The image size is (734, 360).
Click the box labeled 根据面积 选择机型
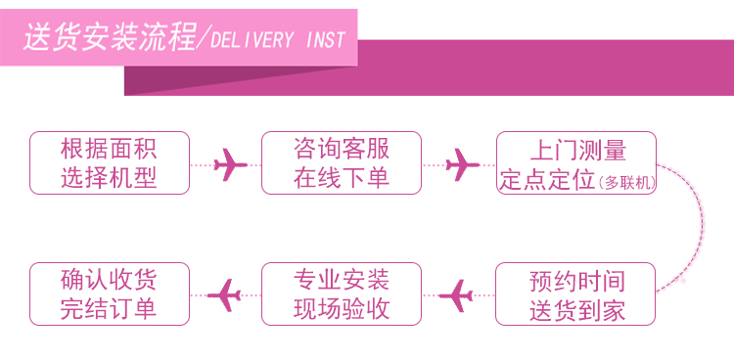click(110, 163)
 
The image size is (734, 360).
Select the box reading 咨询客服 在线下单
click(342, 163)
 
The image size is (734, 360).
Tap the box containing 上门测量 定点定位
click(576, 163)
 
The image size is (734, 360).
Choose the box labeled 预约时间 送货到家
click(575, 294)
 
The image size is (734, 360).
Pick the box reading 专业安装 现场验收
click(342, 294)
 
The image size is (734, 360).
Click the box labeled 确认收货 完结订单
click(110, 294)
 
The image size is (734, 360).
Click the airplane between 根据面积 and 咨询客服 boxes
click(230, 164)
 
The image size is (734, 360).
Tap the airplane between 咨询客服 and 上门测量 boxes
click(462, 164)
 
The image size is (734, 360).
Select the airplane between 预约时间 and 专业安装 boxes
click(456, 295)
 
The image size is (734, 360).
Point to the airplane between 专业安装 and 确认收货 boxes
click(224, 295)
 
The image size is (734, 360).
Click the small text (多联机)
click(626, 183)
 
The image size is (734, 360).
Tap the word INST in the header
click(326, 40)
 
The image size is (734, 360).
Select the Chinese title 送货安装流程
click(110, 36)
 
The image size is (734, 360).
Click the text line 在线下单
click(342, 178)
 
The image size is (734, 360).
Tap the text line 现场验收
click(342, 309)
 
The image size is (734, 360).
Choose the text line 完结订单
click(108, 309)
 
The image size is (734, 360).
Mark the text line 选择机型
click(108, 178)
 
